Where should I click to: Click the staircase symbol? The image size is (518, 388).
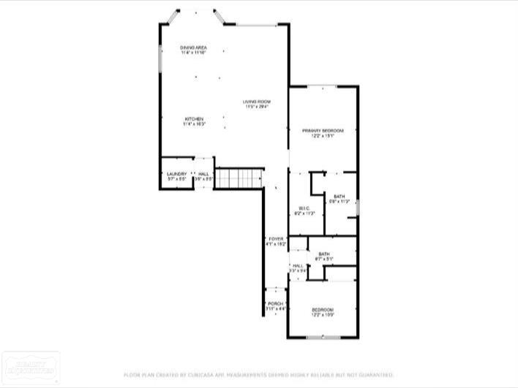tap(239, 178)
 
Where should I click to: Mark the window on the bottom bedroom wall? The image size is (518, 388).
tap(323, 338)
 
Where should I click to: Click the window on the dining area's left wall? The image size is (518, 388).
tap(160, 59)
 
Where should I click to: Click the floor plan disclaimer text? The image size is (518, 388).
tap(258, 374)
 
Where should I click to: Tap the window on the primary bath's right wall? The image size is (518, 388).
tap(358, 208)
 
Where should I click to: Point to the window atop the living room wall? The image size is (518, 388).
tap(256, 25)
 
